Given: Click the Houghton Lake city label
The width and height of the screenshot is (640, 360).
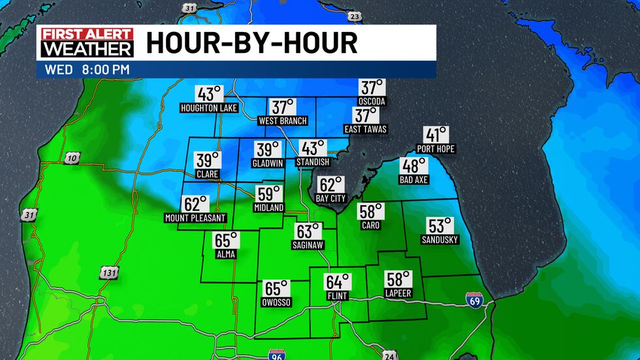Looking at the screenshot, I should [x=208, y=107].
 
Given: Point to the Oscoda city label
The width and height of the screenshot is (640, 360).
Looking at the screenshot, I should [x=372, y=101].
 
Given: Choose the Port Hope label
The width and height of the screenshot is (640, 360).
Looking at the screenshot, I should [x=436, y=149].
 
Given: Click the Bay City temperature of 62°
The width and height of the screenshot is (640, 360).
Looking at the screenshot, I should [x=330, y=186].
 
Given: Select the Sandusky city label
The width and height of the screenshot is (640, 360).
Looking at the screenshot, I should [x=440, y=240].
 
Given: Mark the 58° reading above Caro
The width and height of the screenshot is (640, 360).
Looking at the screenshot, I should [x=370, y=212].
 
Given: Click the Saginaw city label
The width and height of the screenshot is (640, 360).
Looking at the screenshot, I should [x=308, y=245].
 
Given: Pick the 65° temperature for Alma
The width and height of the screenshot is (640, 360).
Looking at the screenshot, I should [x=227, y=240].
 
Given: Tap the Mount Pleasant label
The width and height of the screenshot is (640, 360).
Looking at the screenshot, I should [x=195, y=218].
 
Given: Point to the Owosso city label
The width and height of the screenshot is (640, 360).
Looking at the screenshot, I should [x=277, y=303].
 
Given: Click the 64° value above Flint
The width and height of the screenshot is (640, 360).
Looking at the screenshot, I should [x=338, y=282].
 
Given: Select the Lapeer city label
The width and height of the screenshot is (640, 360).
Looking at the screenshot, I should [x=398, y=293].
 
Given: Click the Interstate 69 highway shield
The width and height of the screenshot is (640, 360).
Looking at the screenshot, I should [x=475, y=300].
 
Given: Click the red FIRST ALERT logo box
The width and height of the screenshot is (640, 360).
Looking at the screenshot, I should [x=87, y=34].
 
